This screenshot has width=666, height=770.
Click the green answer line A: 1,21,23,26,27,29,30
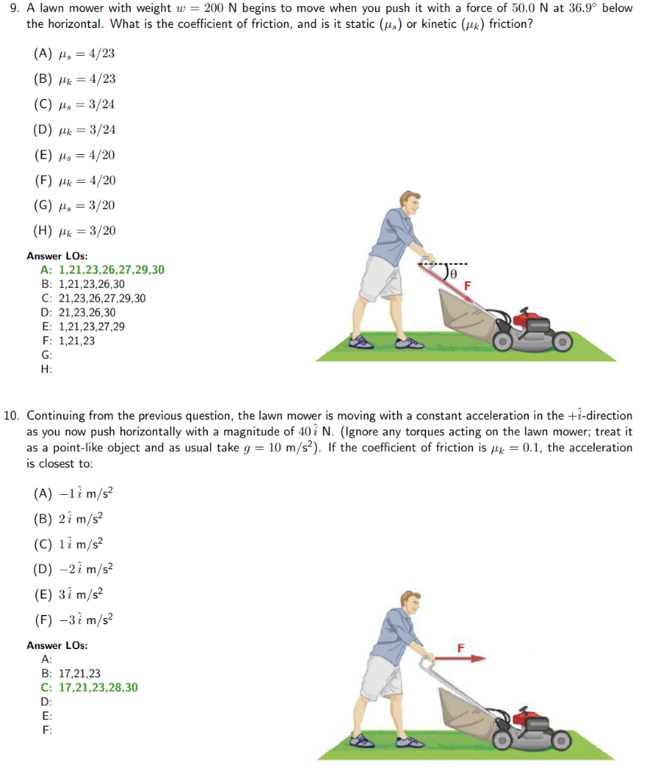pyautogui.click(x=102, y=270)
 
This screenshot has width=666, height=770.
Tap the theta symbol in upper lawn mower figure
pyautogui.click(x=454, y=273)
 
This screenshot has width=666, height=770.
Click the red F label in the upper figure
pyautogui.click(x=467, y=286)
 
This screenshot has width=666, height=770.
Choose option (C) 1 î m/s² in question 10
pyautogui.click(x=72, y=544)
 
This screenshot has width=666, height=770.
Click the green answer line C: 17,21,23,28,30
pyautogui.click(x=90, y=687)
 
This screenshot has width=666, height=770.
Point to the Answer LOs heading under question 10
pyautogui.click(x=56, y=646)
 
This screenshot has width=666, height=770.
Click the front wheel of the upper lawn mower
pyautogui.click(x=564, y=343)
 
